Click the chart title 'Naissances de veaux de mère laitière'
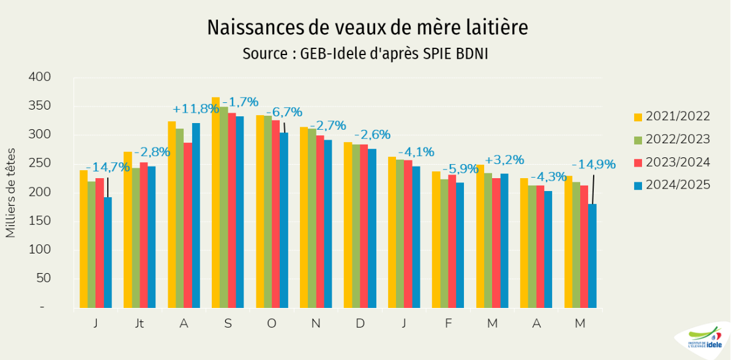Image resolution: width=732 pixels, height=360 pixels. click(367, 28)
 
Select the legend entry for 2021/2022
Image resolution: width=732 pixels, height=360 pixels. click(672, 116)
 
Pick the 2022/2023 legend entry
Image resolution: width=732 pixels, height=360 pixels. click(672, 139)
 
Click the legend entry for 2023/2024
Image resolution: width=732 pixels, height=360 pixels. click(672, 162)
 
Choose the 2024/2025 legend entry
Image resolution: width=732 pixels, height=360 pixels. click(672, 184)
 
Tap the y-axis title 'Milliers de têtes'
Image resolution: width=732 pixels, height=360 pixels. click(10, 192)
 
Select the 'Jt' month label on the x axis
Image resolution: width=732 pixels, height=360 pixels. click(140, 323)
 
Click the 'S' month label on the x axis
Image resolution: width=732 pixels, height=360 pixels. click(228, 323)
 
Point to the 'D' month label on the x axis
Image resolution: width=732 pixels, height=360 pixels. click(360, 323)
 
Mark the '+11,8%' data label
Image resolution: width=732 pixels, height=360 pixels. click(196, 109)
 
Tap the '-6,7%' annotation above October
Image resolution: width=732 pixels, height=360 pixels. click(284, 112)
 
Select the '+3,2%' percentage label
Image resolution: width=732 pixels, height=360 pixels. click(504, 160)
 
